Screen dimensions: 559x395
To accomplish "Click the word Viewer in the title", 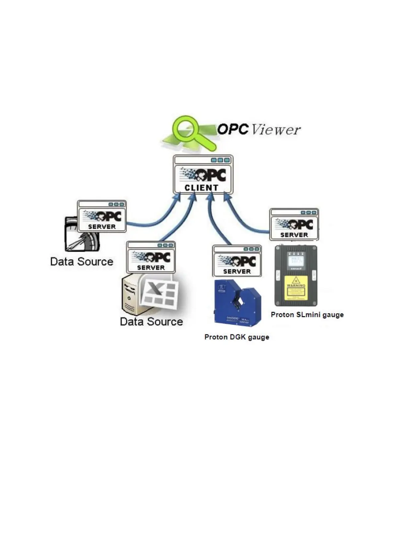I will [x=276, y=129].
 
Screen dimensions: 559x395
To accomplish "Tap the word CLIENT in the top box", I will [x=201, y=188].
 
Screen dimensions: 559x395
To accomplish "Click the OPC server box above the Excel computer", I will [x=151, y=257].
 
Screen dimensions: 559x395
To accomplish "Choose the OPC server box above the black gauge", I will [x=294, y=224].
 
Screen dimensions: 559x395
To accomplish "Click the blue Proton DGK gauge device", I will [x=237, y=302].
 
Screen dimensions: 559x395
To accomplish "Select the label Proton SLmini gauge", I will [x=307, y=315].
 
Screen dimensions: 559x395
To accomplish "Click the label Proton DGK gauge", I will [x=237, y=337].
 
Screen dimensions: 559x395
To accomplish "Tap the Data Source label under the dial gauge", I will [x=82, y=262].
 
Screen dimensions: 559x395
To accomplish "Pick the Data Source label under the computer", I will [x=151, y=322].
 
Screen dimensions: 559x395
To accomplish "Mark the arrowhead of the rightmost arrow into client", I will [x=226, y=197].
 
